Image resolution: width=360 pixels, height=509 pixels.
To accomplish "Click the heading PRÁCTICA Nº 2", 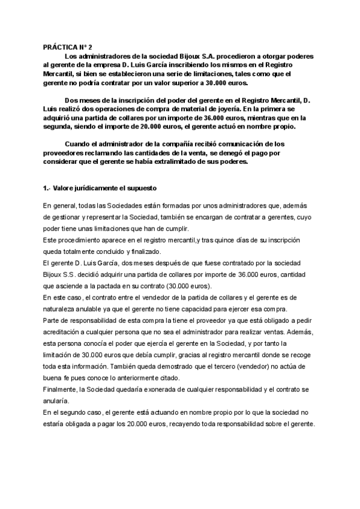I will coord(68,46).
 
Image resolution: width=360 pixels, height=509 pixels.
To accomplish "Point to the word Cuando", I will coord(80,145).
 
